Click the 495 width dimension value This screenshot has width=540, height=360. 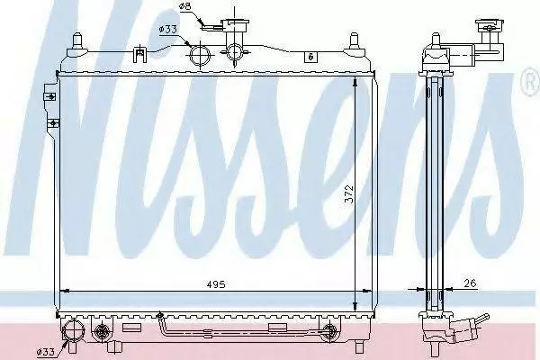click(216, 284)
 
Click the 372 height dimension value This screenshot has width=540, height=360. click(348, 194)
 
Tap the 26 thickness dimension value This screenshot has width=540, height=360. click(470, 283)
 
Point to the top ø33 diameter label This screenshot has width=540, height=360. click(168, 30)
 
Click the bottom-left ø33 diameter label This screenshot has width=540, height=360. click(47, 352)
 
